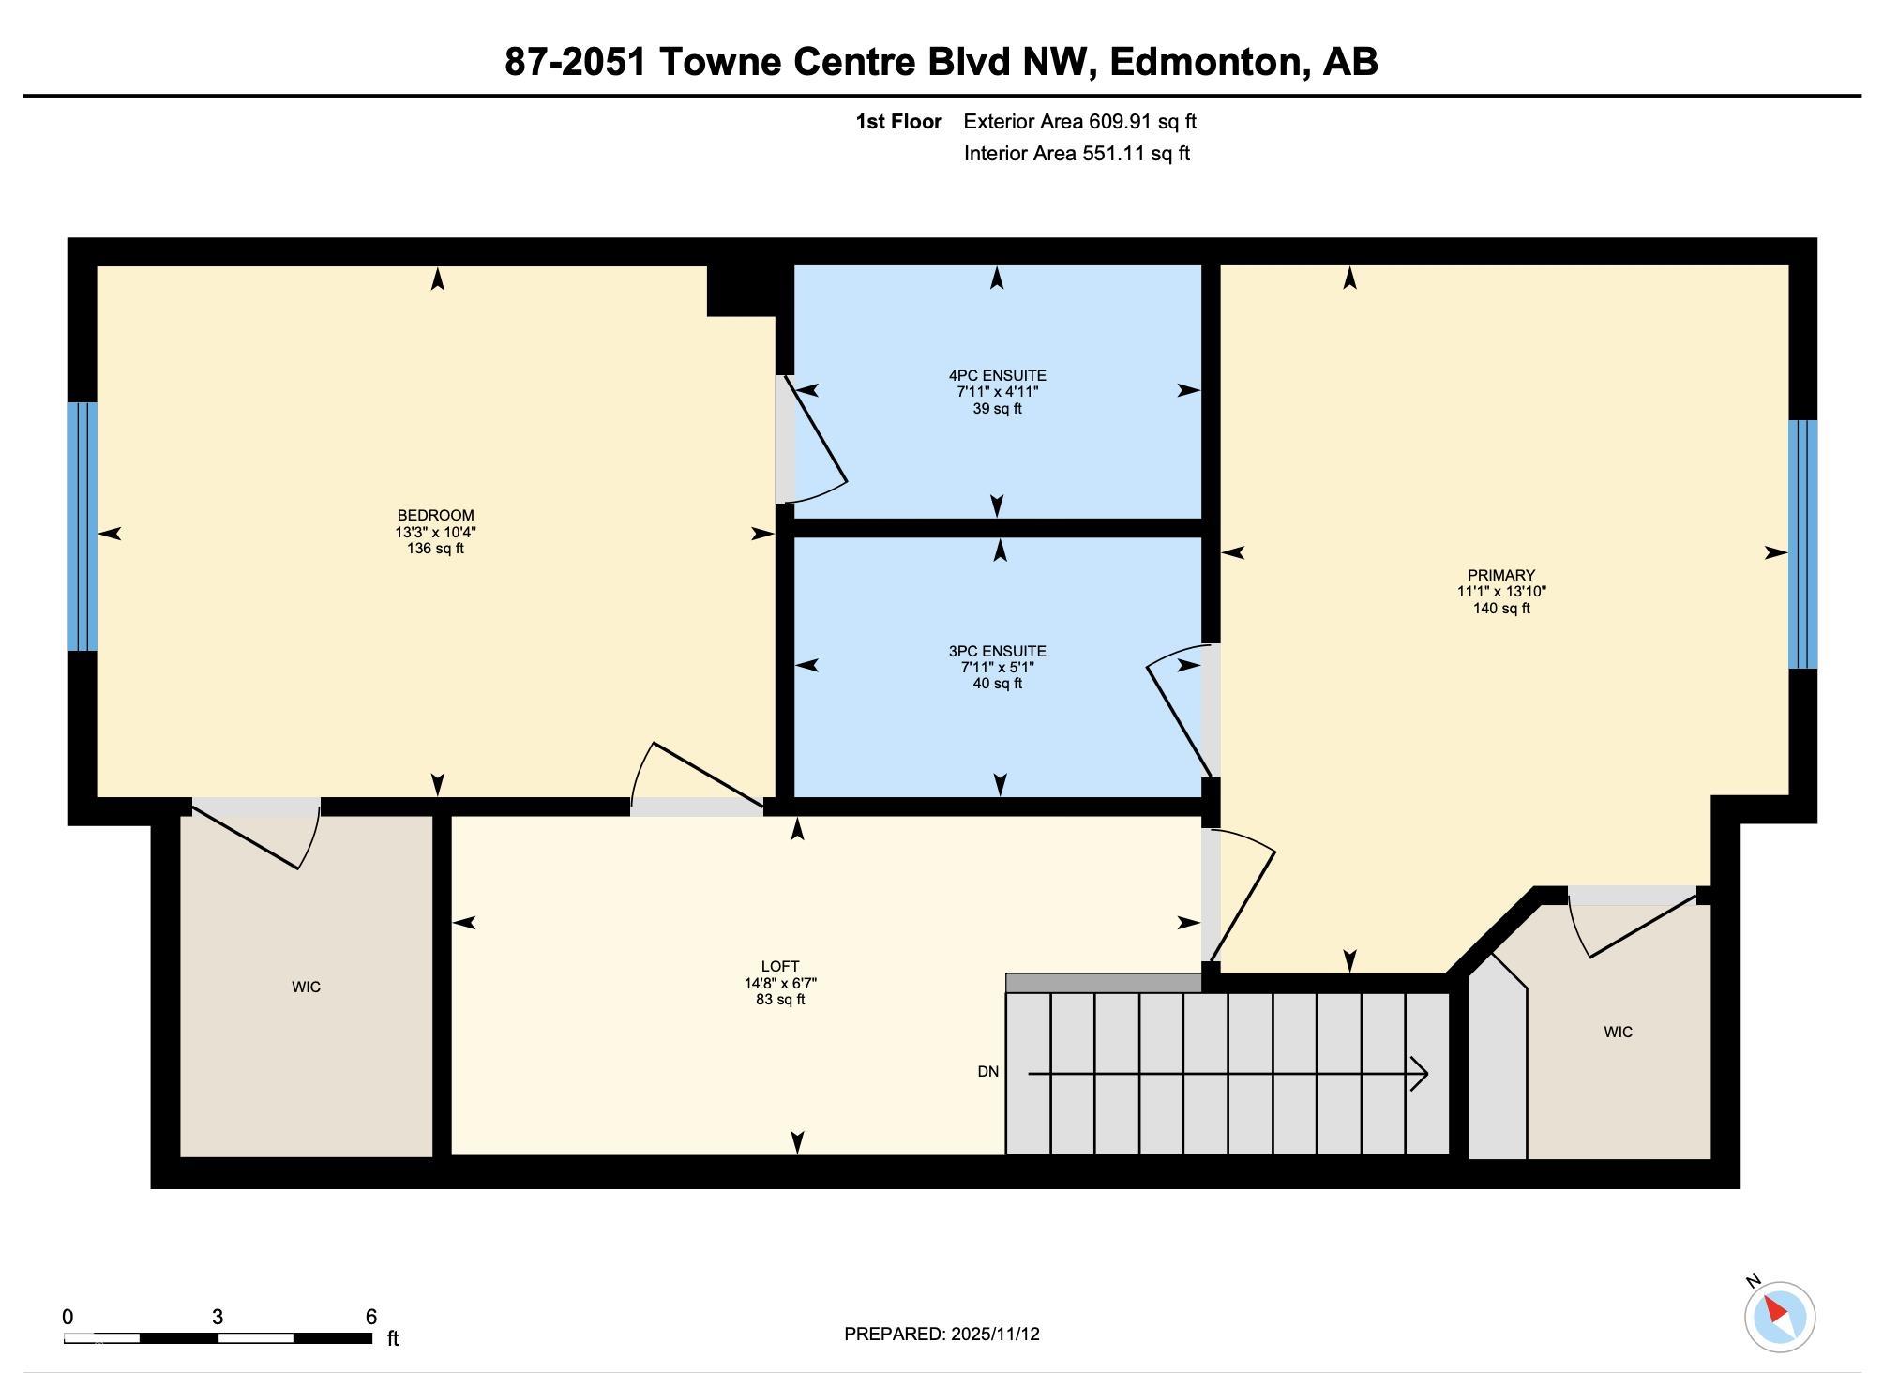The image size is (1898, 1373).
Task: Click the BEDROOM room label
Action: click(x=435, y=516)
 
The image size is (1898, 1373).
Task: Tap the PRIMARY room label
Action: click(x=1500, y=576)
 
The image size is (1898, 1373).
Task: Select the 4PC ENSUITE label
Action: click(x=997, y=376)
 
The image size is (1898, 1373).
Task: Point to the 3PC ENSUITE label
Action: click(x=997, y=651)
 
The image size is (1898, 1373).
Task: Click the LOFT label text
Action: click(x=780, y=967)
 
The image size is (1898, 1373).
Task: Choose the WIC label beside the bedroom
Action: click(x=306, y=988)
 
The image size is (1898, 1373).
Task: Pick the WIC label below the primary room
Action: click(x=1618, y=1033)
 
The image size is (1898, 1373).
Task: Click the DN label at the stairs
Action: click(x=987, y=1072)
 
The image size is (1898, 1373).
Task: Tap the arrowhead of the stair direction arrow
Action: click(x=1421, y=1074)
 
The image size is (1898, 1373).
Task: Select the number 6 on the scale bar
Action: click(x=371, y=1317)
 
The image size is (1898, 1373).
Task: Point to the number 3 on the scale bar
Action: click(x=218, y=1317)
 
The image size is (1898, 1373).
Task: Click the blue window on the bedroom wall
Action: click(x=83, y=527)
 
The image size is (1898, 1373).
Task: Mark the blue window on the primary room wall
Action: click(x=1802, y=544)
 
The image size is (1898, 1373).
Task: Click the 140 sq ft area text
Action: click(x=1500, y=609)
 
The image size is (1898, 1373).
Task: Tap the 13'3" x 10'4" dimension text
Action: click(x=435, y=532)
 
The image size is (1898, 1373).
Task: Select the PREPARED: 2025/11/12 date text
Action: click(x=941, y=1335)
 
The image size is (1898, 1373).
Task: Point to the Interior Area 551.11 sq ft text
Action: click(x=1077, y=154)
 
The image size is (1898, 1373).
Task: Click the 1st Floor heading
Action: click(x=898, y=122)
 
